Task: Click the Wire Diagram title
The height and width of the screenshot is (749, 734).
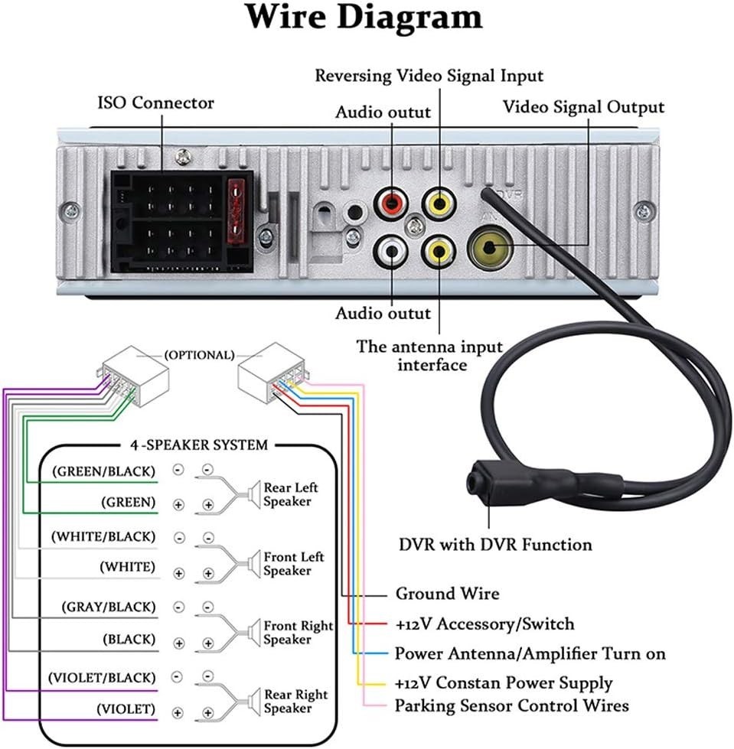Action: coord(364,17)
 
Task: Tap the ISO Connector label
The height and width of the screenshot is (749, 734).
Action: coord(156,103)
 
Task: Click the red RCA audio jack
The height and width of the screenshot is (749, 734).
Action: coord(391,203)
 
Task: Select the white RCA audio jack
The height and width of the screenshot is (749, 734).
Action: coord(391,251)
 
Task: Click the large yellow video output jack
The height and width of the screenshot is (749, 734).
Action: coord(490,248)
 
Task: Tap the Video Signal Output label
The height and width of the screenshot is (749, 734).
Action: coord(583,107)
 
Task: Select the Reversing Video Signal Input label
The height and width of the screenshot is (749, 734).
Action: coord(429,76)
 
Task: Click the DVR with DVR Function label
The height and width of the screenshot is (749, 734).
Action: coord(495,545)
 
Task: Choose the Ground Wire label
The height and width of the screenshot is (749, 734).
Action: coord(447,594)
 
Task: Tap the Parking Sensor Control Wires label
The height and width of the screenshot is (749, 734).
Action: coord(512,706)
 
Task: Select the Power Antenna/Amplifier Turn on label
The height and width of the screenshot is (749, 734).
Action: coord(530,653)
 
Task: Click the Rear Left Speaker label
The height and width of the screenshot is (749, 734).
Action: coord(291,494)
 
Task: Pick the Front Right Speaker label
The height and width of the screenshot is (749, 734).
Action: coord(298,633)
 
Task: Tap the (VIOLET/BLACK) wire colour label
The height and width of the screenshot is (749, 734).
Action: coord(102,678)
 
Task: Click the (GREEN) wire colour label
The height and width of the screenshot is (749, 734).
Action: coord(128,502)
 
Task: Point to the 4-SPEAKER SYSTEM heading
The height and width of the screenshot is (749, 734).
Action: coord(199,445)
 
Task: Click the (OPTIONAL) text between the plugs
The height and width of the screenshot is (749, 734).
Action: coord(199,356)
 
